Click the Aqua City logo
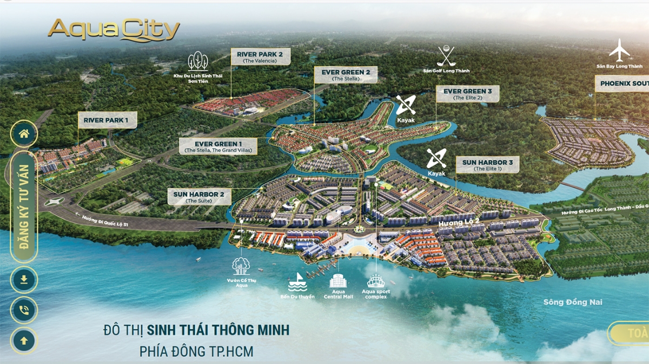point(114,30)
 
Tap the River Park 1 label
point(107,120)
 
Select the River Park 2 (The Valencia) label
point(260,57)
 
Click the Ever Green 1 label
point(218,146)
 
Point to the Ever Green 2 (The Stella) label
point(346,75)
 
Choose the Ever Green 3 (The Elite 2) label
point(467,94)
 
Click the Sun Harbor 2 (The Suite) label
point(200,197)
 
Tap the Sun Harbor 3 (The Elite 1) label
point(487,165)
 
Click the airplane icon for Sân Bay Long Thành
point(620,50)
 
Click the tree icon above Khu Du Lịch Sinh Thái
point(198,62)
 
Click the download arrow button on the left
point(24,280)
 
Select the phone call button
point(24,310)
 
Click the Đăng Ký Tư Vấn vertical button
point(24,207)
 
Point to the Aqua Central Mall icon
point(339,281)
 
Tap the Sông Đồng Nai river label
point(573,302)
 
